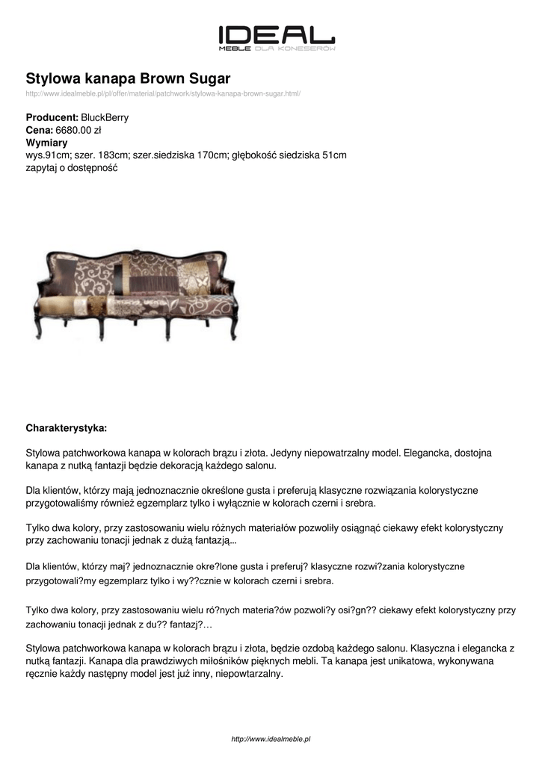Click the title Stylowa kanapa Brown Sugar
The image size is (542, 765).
pos(128,78)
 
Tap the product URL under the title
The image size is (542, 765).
pos(163,93)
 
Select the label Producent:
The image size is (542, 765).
pos(52,117)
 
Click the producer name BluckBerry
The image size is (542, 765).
pos(105,117)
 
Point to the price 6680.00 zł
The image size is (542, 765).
pos(78,130)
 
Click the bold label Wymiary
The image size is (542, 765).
pos(47,143)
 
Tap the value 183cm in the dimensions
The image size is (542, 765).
pos(113,155)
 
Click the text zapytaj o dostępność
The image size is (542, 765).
pos(72,168)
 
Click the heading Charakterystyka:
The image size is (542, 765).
pos(67,428)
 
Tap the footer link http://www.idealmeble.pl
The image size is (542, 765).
pos(271,739)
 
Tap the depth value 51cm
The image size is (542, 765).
pos(334,155)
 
